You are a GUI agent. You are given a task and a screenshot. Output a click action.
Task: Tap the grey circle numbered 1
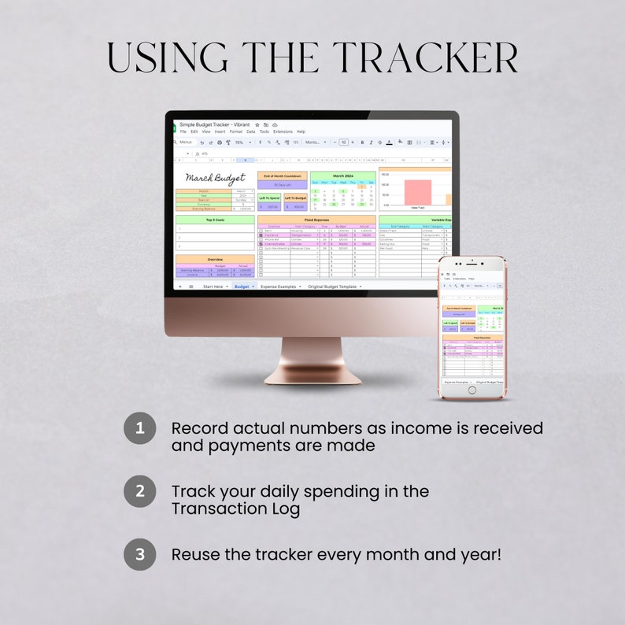pos(140,428)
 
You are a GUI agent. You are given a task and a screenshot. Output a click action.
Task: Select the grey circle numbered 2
pos(140,490)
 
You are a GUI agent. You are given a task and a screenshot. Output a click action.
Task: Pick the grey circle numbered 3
pos(140,553)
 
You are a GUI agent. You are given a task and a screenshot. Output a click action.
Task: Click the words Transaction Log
pos(235,509)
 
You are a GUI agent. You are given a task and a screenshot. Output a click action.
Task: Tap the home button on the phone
pos(472,392)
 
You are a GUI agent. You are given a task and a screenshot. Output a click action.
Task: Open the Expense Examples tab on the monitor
pos(278,287)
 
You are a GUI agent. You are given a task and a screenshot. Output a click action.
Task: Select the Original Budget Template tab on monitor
pos(332,287)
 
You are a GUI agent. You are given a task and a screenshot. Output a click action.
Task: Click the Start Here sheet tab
pos(213,287)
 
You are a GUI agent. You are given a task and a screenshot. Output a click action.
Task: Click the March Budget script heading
pos(215,179)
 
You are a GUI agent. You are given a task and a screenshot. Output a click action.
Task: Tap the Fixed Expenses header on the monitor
pos(316,220)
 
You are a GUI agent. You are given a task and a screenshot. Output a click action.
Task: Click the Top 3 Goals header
pos(215,220)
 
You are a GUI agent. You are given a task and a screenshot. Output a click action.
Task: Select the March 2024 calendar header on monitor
pos(342,176)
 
